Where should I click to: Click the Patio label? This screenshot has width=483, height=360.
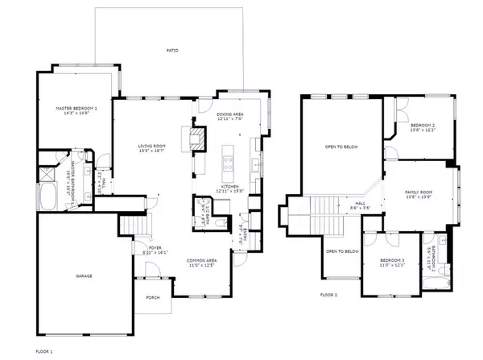pyautogui.click(x=172, y=51)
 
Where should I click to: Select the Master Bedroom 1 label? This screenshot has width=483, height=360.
pyautogui.click(x=76, y=108)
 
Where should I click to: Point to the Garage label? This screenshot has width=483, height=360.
pyautogui.click(x=85, y=276)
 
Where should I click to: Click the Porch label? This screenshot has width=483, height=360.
pyautogui.click(x=153, y=298)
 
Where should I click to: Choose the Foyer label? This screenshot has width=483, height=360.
pyautogui.click(x=153, y=247)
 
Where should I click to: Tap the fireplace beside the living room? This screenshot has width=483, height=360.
pyautogui.click(x=196, y=137)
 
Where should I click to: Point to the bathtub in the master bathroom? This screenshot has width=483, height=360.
pyautogui.click(x=47, y=196)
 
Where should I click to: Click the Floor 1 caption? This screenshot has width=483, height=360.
pyautogui.click(x=46, y=352)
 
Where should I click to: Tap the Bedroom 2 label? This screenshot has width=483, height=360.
pyautogui.click(x=423, y=126)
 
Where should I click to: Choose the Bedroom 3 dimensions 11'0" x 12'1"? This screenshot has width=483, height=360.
pyautogui.click(x=393, y=266)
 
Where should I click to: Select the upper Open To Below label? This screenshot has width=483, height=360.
pyautogui.click(x=341, y=147)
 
